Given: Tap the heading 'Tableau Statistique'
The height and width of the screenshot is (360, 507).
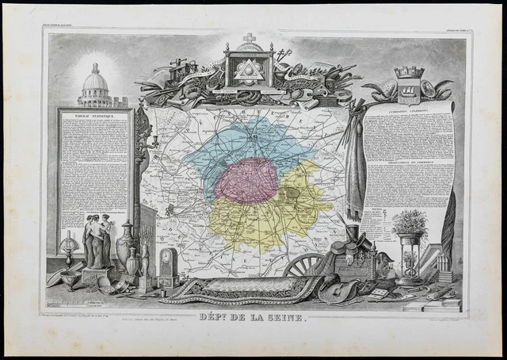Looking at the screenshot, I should pos(93,116).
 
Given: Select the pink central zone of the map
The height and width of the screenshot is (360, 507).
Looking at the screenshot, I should pos(246,182).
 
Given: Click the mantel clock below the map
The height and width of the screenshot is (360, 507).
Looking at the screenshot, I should pos(168,268).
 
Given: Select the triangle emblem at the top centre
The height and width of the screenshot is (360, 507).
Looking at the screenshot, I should pos(250,71).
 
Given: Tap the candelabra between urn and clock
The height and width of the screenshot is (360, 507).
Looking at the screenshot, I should pos(146,262).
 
